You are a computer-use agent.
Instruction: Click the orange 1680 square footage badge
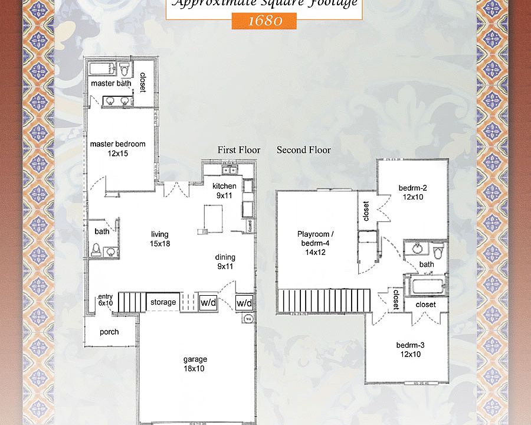(264, 21)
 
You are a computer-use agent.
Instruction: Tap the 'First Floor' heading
(239, 150)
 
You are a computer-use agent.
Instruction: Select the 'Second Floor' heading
(304, 150)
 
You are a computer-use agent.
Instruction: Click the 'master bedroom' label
(117, 144)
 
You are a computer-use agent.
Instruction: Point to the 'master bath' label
(111, 83)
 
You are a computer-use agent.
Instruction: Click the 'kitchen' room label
(224, 187)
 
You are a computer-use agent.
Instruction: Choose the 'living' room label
(160, 234)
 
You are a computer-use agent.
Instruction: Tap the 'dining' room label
(225, 257)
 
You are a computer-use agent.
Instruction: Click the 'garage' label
(195, 359)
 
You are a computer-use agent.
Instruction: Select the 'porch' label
(109, 332)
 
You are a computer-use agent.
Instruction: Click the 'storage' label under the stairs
(163, 302)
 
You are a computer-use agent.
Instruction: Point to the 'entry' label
(106, 296)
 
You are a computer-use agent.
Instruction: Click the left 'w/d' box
(208, 302)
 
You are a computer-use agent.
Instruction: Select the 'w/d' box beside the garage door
(244, 303)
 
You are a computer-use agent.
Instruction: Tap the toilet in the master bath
(125, 70)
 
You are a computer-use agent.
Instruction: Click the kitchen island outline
(213, 215)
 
